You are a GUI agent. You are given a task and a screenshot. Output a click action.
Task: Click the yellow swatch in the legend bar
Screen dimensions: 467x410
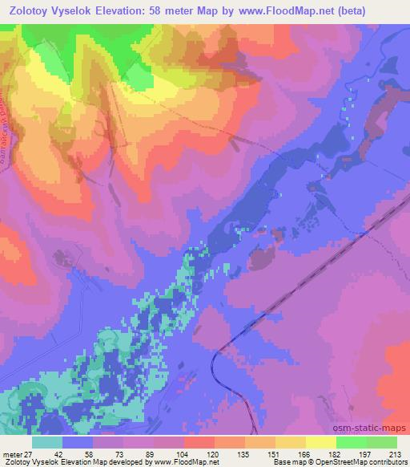coord(320,443)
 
